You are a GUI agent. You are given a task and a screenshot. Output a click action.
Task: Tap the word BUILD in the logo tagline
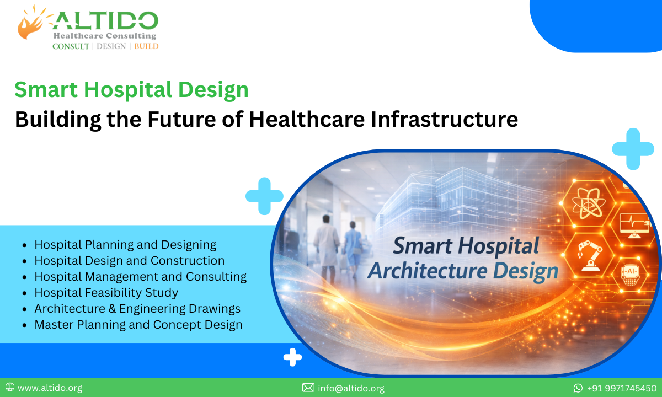[x=146, y=46]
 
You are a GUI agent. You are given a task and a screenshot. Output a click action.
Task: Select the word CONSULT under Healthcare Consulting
[x=71, y=46]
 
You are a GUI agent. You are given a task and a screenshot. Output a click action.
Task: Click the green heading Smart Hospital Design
[x=131, y=90]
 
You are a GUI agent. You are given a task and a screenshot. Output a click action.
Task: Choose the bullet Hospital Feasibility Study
[x=106, y=292]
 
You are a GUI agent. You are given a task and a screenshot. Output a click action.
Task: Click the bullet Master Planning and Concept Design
[x=138, y=325]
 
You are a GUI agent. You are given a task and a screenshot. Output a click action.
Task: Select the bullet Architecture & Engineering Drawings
[x=137, y=309]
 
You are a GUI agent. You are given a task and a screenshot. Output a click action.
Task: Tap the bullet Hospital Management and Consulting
[x=140, y=276]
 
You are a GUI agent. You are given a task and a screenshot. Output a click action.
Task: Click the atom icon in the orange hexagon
[x=585, y=201]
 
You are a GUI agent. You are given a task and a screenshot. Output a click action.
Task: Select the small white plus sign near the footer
[x=292, y=358]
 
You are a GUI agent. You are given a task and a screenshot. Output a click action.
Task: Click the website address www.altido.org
[x=50, y=388]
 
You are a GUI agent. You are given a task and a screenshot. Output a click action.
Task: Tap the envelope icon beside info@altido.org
[x=308, y=388]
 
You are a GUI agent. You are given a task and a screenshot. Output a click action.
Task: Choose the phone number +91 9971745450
[x=622, y=388]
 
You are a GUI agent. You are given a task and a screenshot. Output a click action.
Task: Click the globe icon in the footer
[x=9, y=388]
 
